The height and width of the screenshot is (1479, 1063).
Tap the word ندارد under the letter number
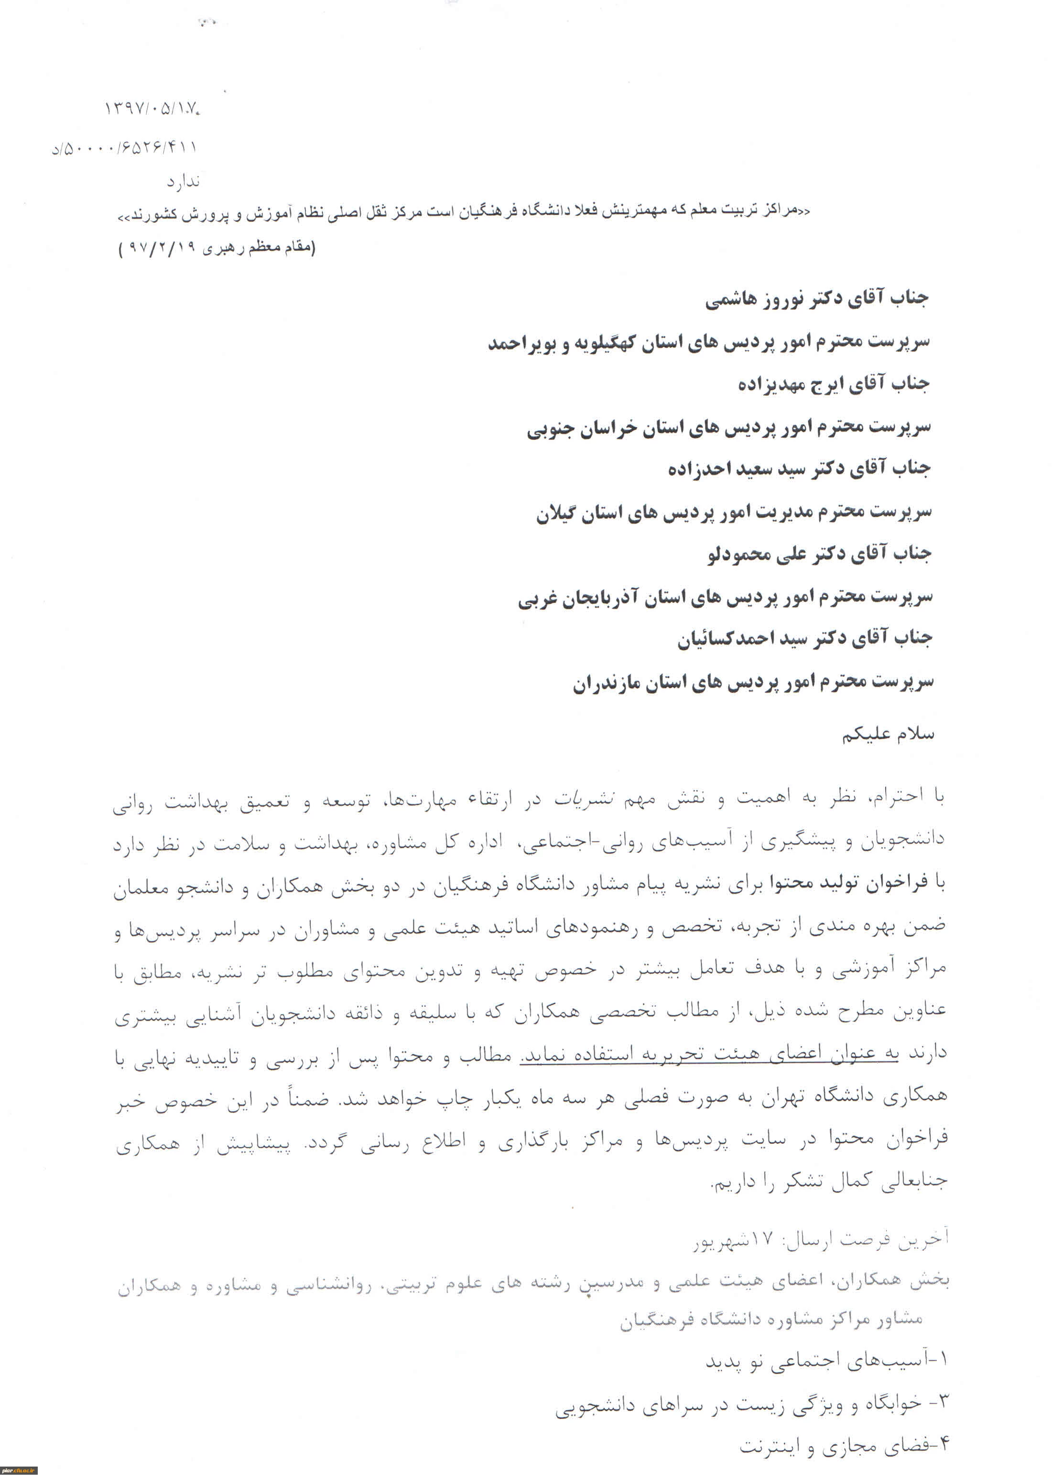pos(183,181)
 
